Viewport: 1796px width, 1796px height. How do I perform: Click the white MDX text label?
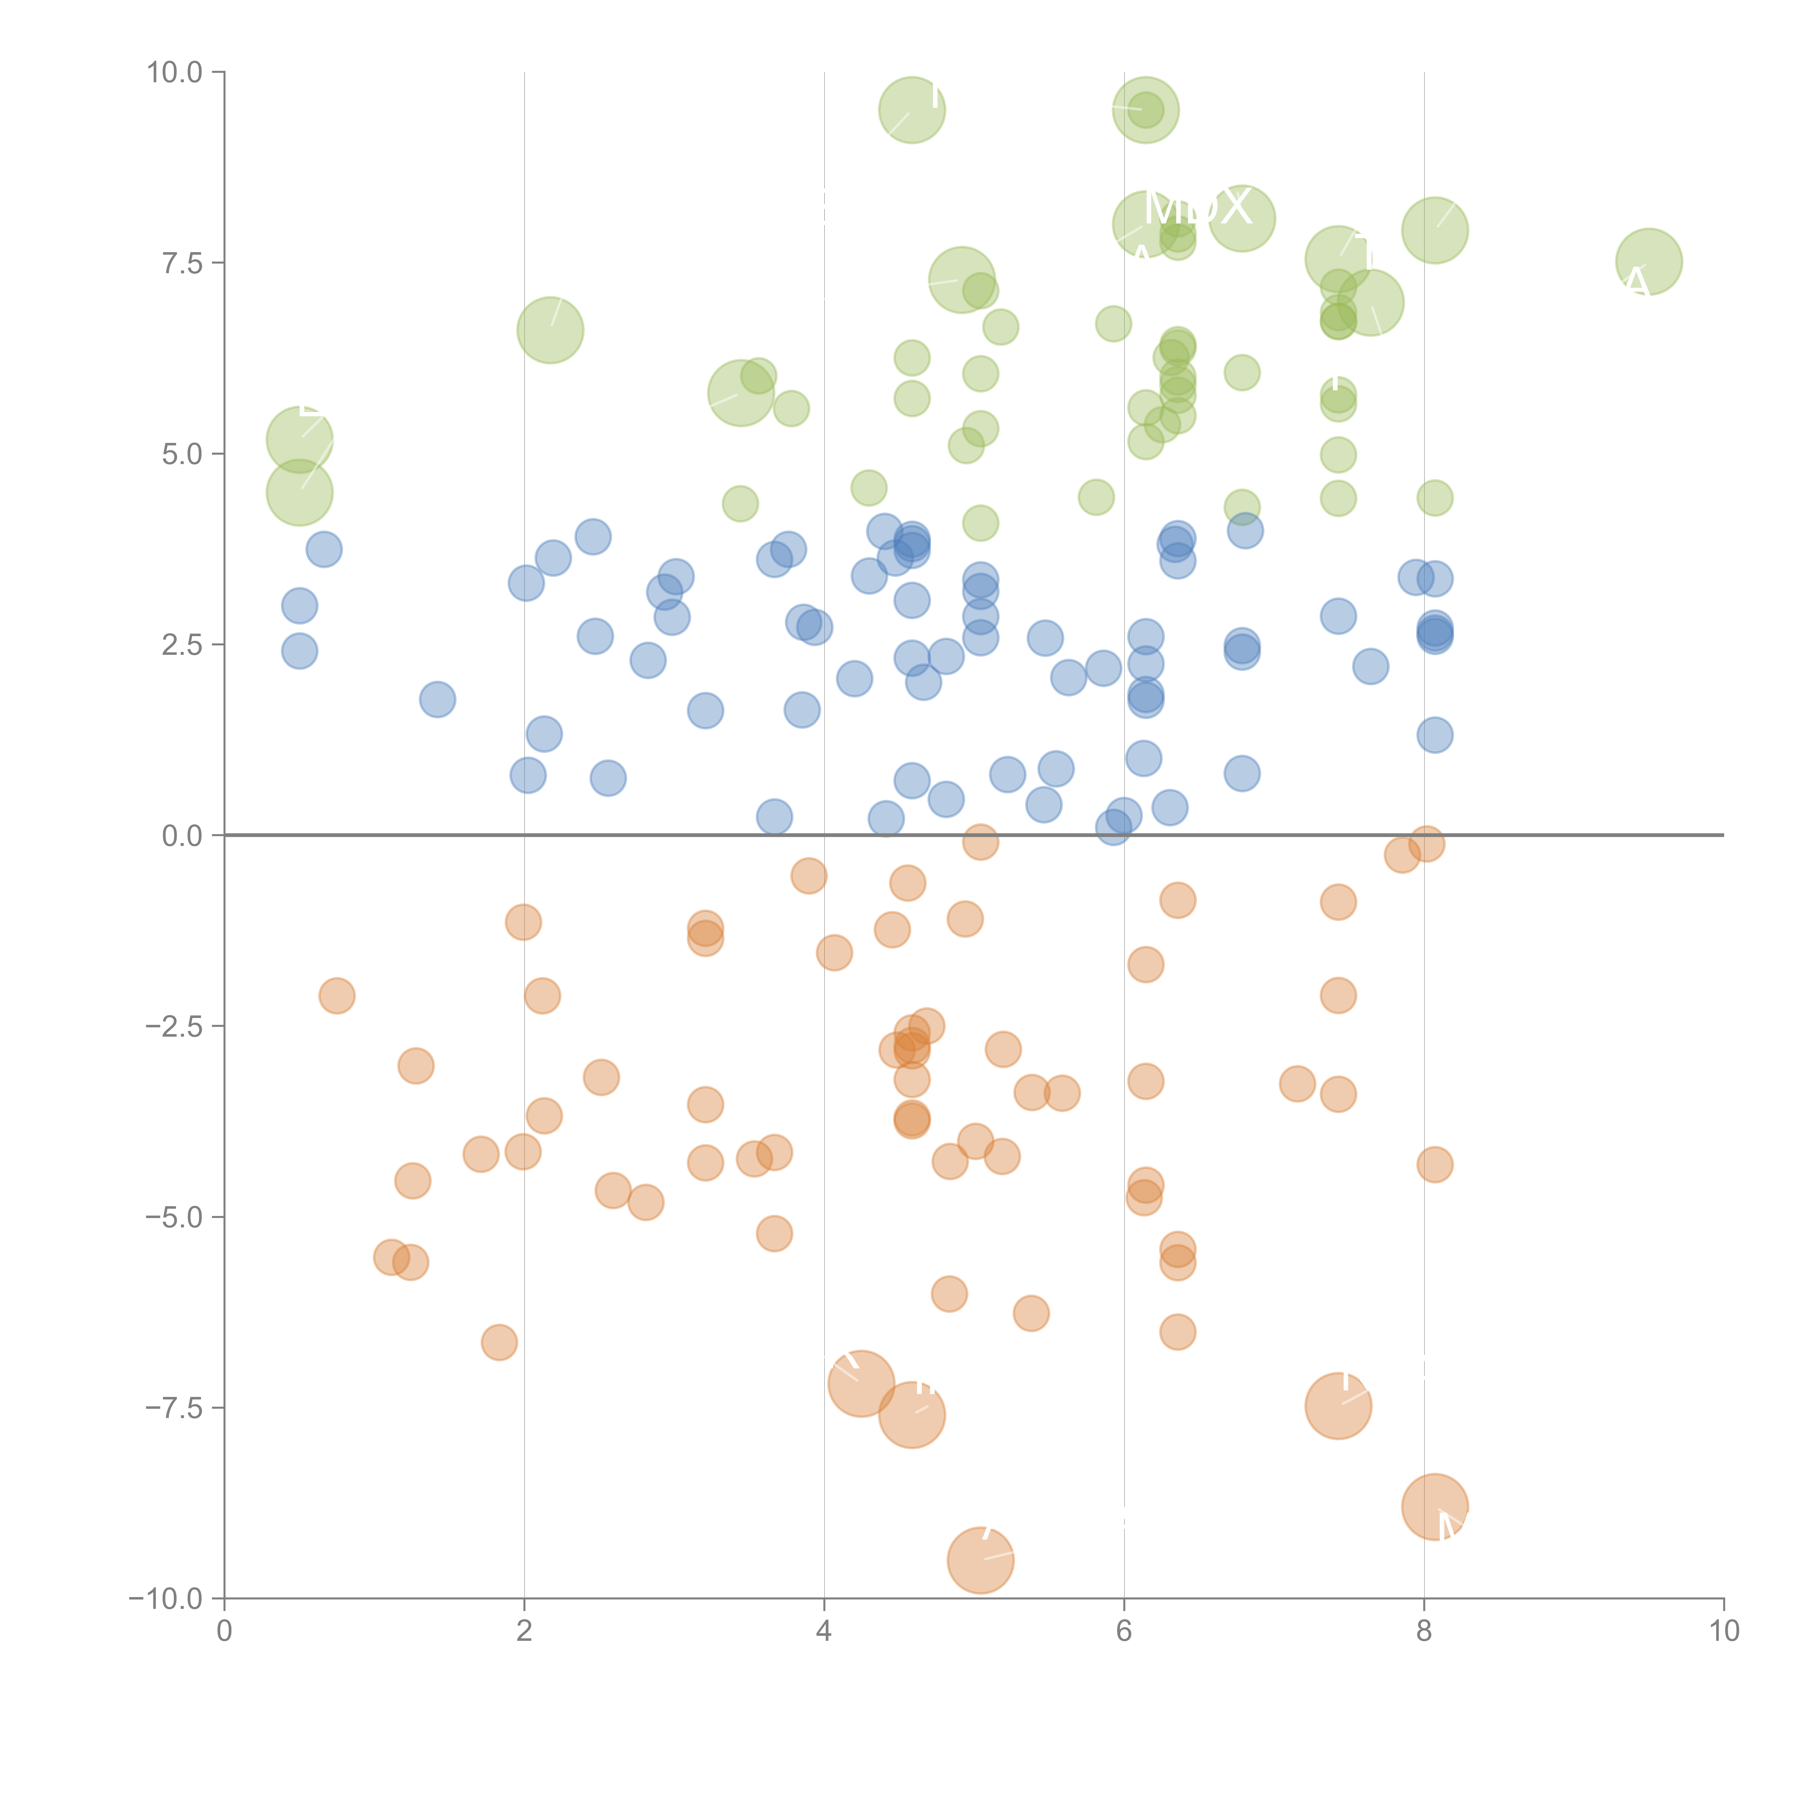[1197, 208]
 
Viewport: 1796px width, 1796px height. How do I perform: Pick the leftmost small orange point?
[337, 996]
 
